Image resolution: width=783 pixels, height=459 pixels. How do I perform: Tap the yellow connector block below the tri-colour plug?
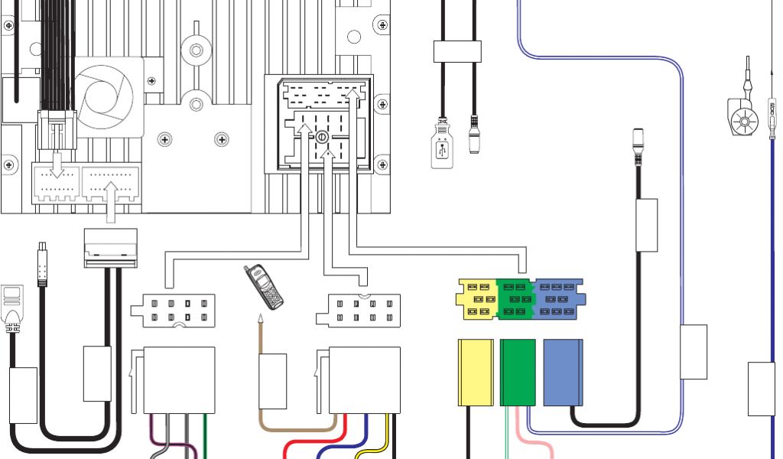[476, 372]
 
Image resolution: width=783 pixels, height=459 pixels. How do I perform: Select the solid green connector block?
[518, 372]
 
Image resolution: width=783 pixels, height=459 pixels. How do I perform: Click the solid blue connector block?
[563, 372]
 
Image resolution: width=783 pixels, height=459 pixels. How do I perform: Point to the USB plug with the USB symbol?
[442, 143]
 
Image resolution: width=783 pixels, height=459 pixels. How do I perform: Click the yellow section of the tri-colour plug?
[476, 298]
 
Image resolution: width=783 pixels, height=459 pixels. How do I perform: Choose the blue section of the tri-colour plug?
[560, 298]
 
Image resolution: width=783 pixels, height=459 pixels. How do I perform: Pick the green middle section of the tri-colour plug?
[518, 298]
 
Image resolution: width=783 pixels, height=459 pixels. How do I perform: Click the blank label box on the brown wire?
[272, 380]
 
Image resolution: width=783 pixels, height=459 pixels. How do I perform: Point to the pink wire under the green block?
[535, 440]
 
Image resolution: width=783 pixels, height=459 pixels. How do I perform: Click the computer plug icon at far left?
[13, 306]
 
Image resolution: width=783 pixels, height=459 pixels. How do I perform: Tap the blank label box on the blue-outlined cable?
[694, 351]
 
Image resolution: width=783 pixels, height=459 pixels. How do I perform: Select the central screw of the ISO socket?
[321, 138]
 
